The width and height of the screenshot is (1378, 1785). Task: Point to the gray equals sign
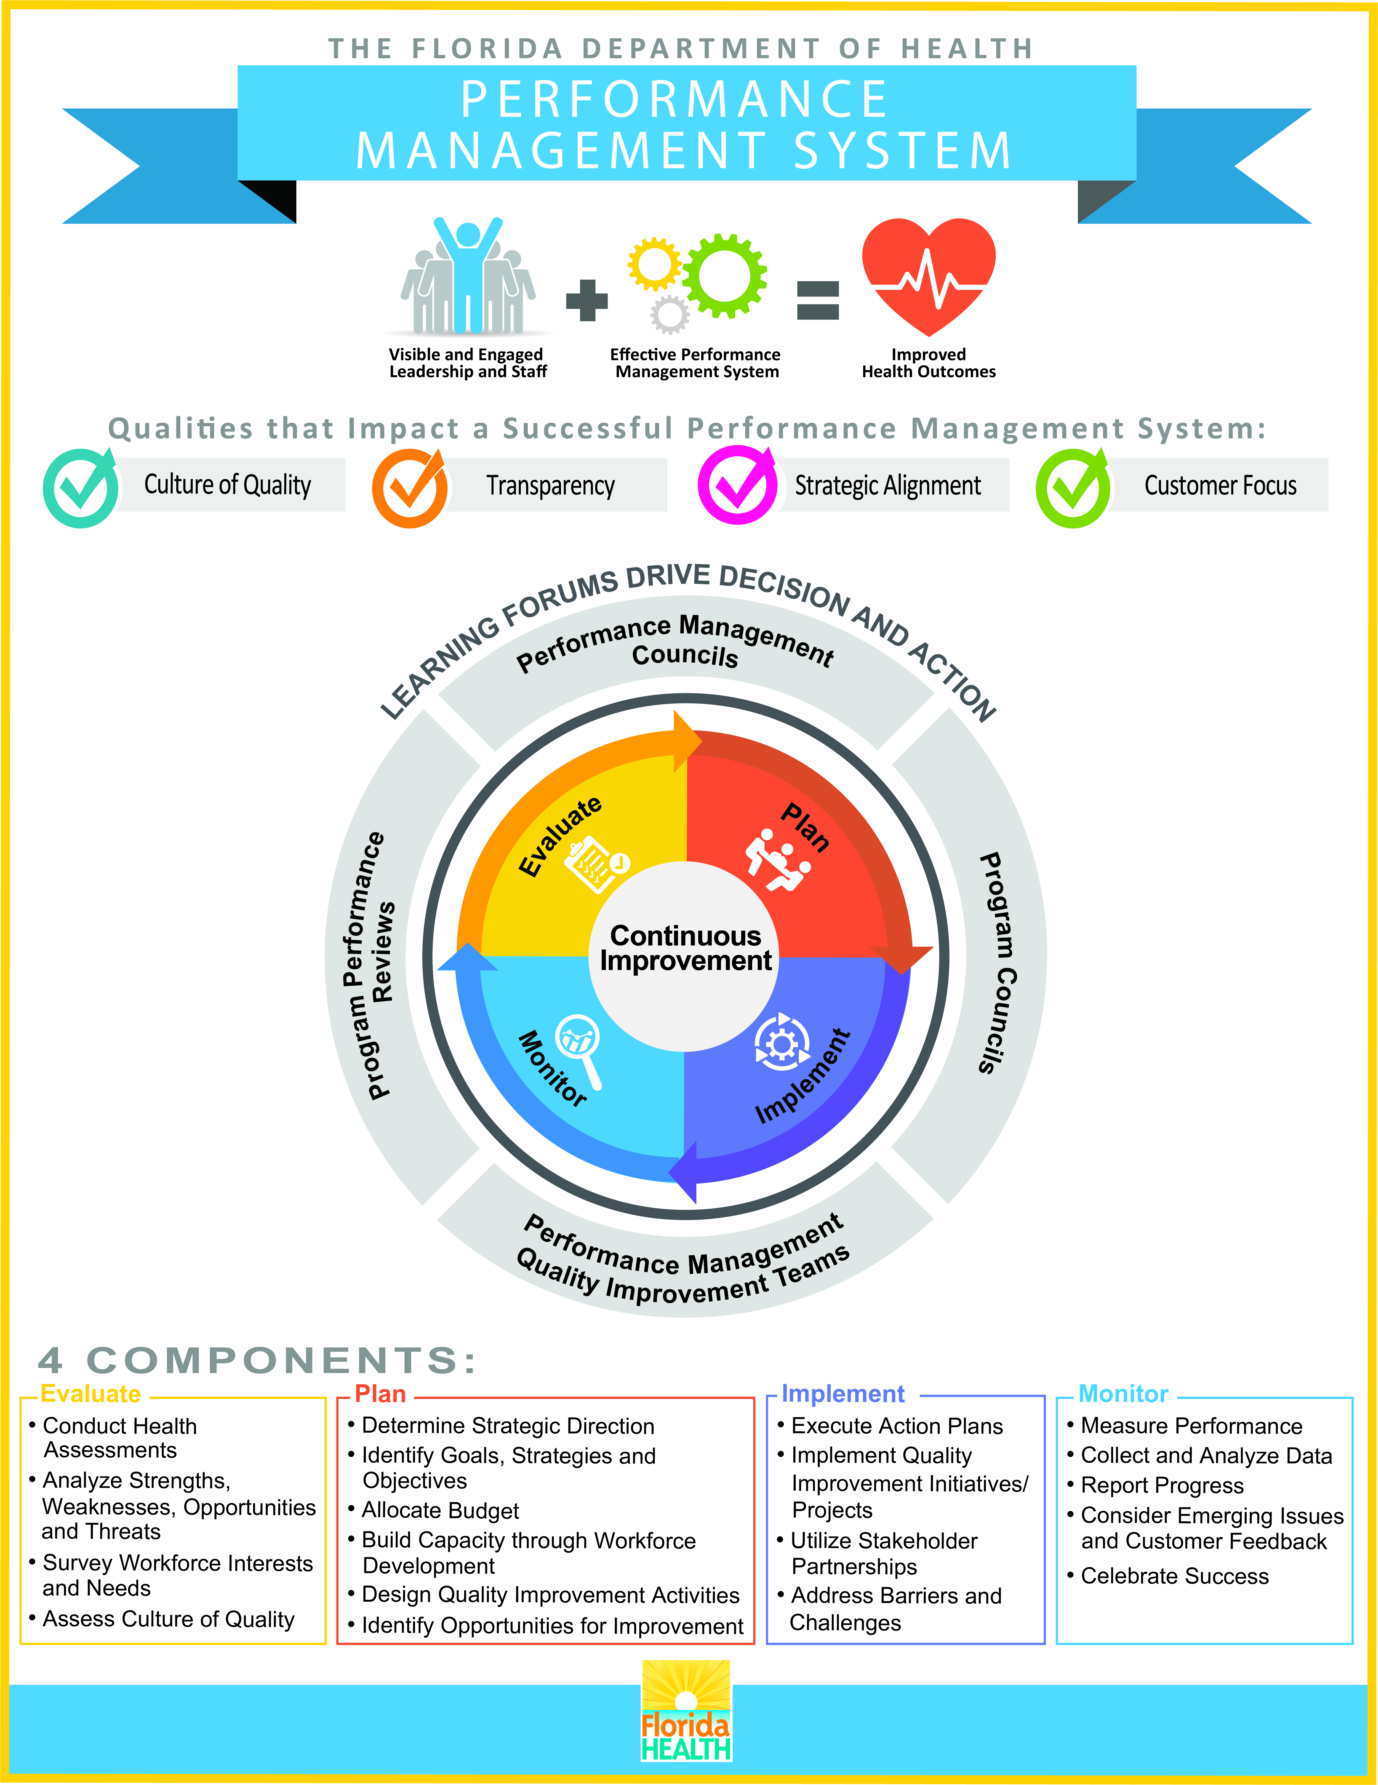pyautogui.click(x=818, y=300)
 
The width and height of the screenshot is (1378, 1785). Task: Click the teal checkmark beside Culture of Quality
pyautogui.click(x=81, y=487)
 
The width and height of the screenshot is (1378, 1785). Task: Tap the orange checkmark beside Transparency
pyautogui.click(x=410, y=487)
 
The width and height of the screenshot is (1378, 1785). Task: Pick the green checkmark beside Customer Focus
pyautogui.click(x=1073, y=488)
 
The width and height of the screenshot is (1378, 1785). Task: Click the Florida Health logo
pyautogui.click(x=686, y=1711)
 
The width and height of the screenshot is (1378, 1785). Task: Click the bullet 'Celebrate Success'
pyautogui.click(x=1168, y=1577)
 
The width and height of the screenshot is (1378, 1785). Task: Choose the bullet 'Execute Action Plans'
pyautogui.click(x=890, y=1426)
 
